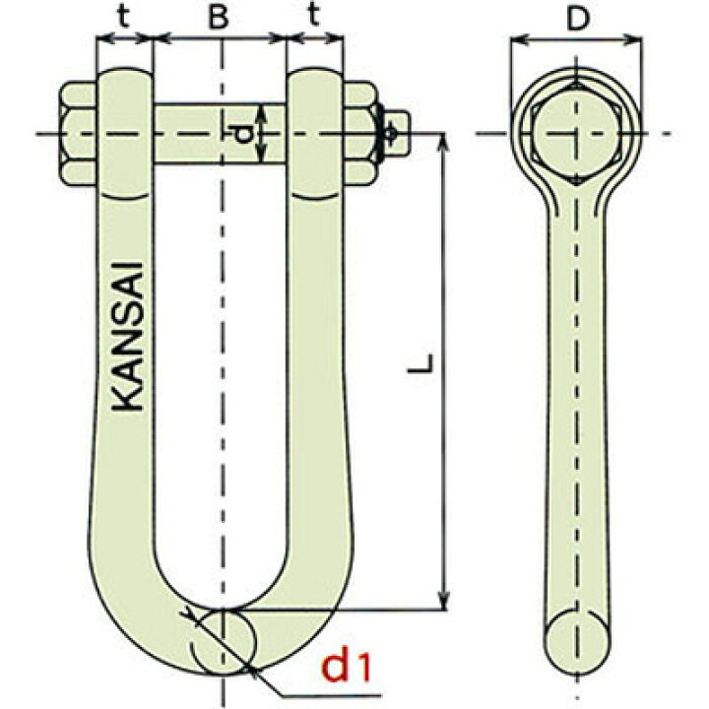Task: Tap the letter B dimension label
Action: [x=219, y=17]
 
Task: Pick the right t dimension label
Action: [x=314, y=16]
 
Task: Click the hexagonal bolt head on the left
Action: [x=78, y=133]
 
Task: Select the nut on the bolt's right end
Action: [x=360, y=133]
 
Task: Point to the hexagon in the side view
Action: [x=576, y=134]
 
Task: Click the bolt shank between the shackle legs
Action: [x=220, y=133]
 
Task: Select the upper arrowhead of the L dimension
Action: [x=444, y=141]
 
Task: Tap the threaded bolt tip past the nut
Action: [x=398, y=133]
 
